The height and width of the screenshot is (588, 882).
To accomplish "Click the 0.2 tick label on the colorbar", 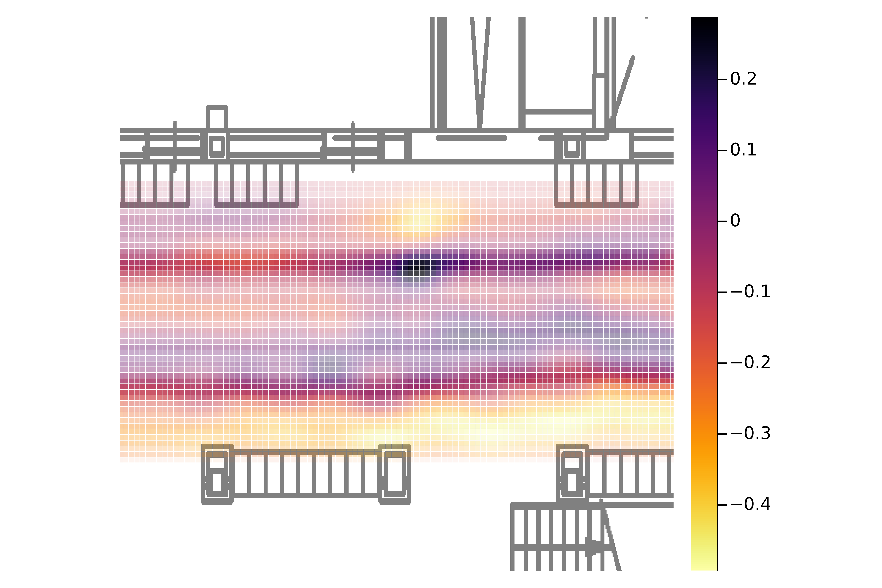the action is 743,79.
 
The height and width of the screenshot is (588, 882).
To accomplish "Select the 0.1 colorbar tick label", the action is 743,150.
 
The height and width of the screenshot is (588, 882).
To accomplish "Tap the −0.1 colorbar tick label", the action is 750,292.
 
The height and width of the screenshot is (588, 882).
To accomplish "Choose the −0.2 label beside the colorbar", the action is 750,363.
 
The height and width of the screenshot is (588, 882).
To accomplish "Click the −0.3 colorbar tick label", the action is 750,434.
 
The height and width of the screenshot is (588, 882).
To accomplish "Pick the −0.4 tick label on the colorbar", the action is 750,504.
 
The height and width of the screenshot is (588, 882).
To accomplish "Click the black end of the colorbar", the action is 704,22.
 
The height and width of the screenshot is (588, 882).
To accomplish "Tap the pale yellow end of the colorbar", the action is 704,564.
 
